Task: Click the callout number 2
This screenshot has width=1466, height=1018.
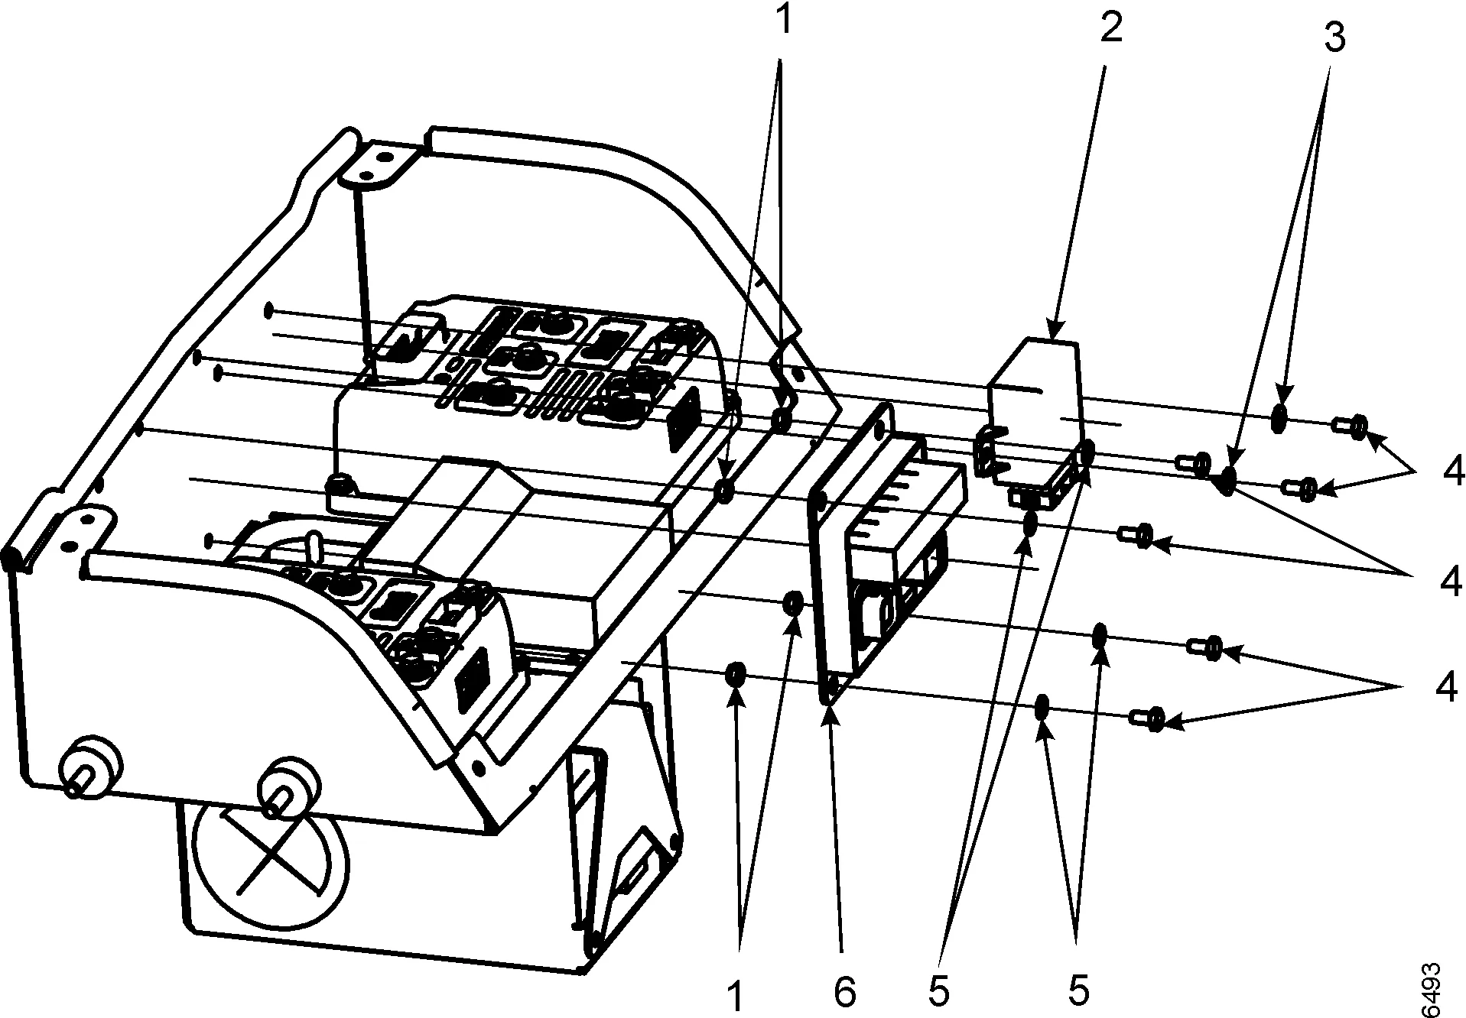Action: click(1111, 28)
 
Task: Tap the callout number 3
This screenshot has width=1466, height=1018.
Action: click(1334, 37)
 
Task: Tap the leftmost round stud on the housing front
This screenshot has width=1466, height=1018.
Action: click(89, 767)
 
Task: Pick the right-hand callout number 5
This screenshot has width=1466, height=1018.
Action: click(1078, 990)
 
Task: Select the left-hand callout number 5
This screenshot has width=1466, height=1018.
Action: click(938, 991)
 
